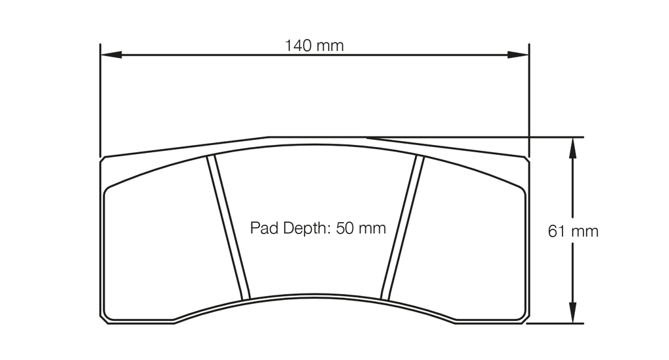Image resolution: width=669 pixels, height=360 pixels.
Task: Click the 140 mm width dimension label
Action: click(x=314, y=46)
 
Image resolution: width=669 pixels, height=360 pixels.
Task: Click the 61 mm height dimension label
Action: click(x=573, y=231)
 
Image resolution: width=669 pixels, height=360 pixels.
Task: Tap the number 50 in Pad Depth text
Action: click(x=344, y=228)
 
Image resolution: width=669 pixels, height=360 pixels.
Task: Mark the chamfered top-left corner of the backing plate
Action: click(x=103, y=158)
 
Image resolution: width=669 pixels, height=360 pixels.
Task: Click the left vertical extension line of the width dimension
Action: click(x=100, y=98)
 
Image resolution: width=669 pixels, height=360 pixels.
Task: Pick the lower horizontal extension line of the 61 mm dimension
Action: click(x=555, y=323)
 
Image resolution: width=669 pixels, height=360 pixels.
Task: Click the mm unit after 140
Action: click(x=331, y=46)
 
